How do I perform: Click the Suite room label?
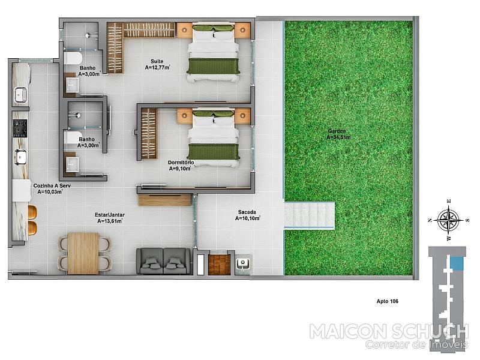(x=157, y=61)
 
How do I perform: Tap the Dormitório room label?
(x=181, y=163)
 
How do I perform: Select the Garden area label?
(x=337, y=131)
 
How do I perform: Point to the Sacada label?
(x=247, y=212)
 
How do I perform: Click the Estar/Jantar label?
(x=110, y=215)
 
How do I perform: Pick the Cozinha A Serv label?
(x=52, y=185)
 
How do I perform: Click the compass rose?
(x=448, y=220)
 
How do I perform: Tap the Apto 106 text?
(x=387, y=301)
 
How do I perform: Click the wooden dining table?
(x=83, y=253)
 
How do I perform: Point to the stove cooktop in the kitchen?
(x=20, y=128)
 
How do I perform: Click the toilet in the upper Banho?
(x=73, y=58)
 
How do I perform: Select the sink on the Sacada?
(x=243, y=263)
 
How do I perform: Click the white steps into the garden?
(x=309, y=215)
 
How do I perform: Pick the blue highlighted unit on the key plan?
(x=457, y=263)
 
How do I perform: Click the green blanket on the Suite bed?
(x=213, y=66)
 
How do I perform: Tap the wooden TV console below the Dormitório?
(x=164, y=200)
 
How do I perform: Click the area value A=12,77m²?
(x=157, y=68)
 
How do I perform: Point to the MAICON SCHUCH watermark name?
(x=389, y=332)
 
